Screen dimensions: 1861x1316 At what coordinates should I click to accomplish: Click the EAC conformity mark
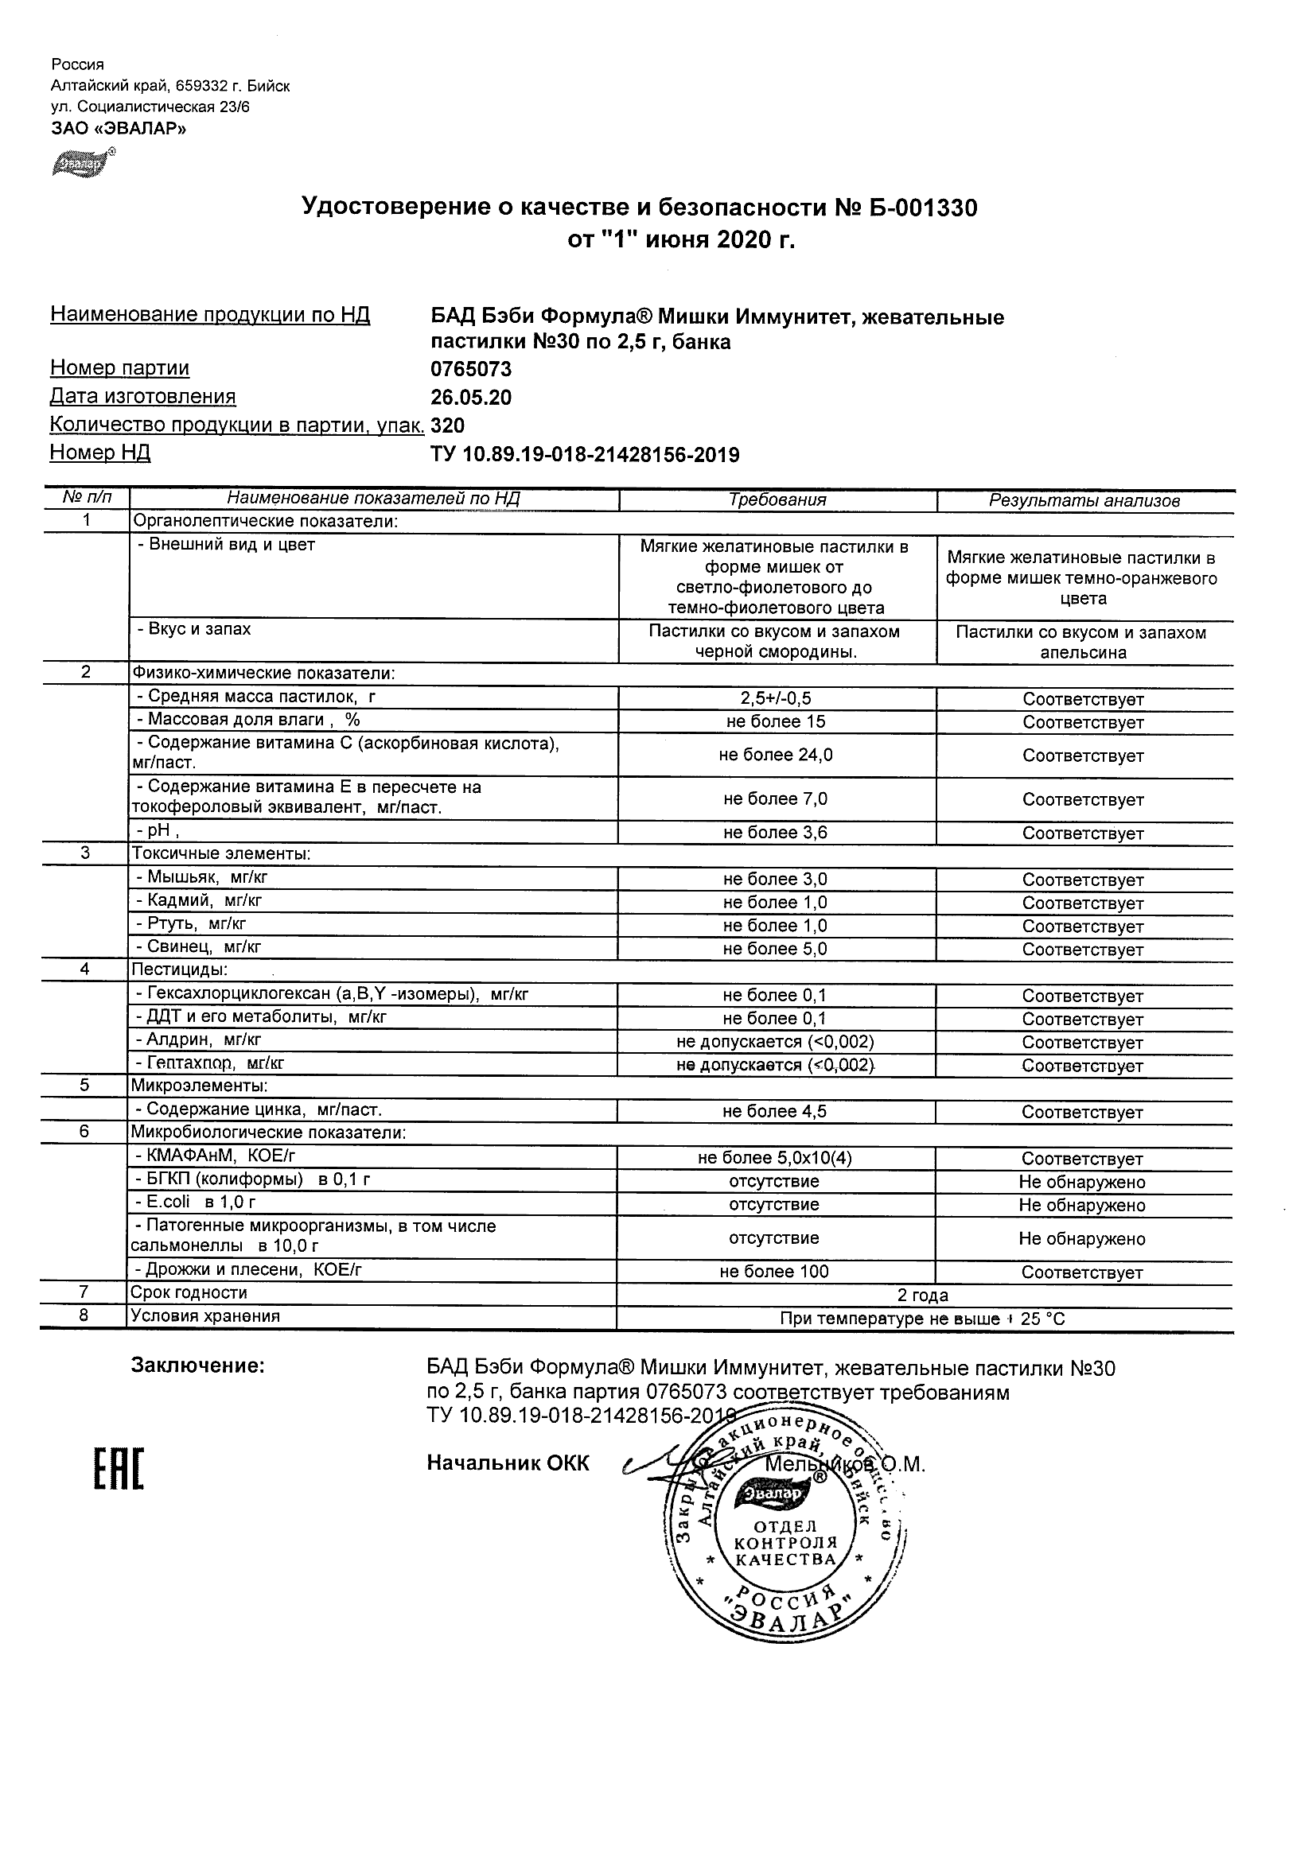tap(119, 1469)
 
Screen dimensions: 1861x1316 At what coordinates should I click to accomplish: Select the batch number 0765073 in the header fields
tap(471, 370)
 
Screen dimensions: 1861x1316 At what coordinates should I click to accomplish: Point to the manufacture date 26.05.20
tap(471, 398)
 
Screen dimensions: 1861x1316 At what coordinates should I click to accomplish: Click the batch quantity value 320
tap(448, 426)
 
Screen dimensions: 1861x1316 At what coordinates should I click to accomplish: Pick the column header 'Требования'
tap(777, 500)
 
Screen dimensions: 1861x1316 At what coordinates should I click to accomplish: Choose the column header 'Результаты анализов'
tap(1084, 501)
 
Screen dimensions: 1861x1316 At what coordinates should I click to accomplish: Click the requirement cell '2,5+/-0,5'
tap(776, 699)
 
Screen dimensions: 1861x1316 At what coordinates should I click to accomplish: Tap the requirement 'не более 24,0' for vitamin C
tap(776, 756)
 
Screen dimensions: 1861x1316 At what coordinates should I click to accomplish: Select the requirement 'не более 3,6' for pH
tap(776, 833)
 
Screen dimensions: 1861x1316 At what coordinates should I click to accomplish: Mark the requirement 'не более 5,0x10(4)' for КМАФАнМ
tap(775, 1158)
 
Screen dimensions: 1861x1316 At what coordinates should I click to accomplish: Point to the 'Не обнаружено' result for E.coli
tap(1081, 1205)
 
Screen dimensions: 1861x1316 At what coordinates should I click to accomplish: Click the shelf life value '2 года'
tap(923, 1296)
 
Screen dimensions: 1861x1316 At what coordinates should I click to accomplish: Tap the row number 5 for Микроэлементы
tap(84, 1086)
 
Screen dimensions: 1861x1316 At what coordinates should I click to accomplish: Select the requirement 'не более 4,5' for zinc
tap(775, 1112)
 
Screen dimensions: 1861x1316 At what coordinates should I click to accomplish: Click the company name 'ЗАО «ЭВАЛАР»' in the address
tap(119, 128)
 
